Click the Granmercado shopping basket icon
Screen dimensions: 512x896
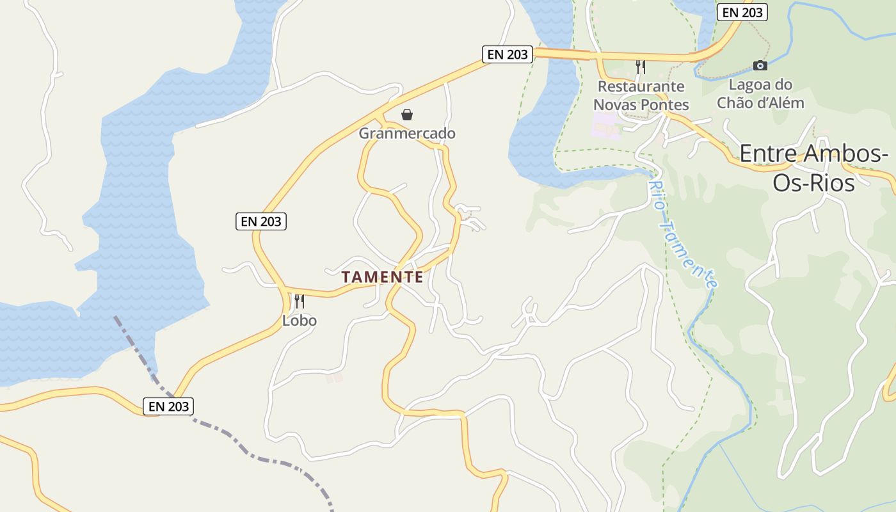pyautogui.click(x=406, y=115)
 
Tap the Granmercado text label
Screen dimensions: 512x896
pyautogui.click(x=407, y=133)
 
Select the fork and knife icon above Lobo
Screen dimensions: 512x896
pyautogui.click(x=299, y=301)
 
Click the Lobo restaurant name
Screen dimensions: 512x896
pyautogui.click(x=300, y=320)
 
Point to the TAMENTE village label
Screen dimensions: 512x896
pyautogui.click(x=382, y=277)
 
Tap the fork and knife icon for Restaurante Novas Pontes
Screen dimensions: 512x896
pyautogui.click(x=640, y=67)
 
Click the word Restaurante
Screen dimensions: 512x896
pyautogui.click(x=641, y=86)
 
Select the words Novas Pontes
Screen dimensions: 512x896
pyautogui.click(x=641, y=104)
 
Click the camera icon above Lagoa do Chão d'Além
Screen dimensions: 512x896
pyautogui.click(x=760, y=65)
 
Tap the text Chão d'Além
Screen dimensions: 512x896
pyautogui.click(x=760, y=102)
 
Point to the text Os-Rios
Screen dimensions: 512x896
pyautogui.click(x=813, y=183)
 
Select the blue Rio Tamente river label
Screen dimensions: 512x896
pyautogui.click(x=682, y=234)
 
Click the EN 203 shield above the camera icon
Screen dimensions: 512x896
pyautogui.click(x=742, y=12)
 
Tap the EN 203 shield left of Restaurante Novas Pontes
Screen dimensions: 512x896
pyautogui.click(x=508, y=54)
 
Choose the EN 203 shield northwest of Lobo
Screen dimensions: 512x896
pyautogui.click(x=260, y=221)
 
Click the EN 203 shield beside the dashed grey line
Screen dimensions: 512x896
pyautogui.click(x=168, y=406)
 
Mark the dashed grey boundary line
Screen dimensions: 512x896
pyautogui.click(x=256, y=456)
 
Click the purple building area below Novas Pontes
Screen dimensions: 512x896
pyautogui.click(x=605, y=124)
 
